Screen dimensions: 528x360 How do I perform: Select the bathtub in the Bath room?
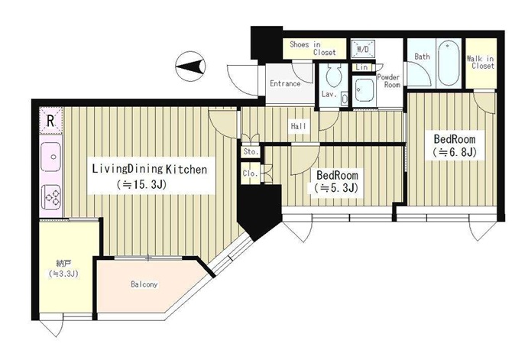449,63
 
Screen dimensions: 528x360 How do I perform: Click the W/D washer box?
363,49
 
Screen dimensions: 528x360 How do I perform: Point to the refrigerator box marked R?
51,120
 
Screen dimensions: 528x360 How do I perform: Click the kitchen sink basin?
51,157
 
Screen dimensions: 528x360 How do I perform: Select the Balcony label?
144,284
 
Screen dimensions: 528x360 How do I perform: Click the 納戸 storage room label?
63,268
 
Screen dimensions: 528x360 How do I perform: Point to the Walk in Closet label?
481,63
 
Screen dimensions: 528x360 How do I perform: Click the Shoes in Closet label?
313,48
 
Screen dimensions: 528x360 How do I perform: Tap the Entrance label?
285,83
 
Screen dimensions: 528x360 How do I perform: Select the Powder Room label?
389,81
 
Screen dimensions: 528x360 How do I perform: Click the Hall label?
299,126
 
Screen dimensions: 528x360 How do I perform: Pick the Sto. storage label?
251,152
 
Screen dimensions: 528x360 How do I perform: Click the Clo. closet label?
250,174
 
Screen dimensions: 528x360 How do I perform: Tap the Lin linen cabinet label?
361,67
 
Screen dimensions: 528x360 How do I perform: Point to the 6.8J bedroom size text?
454,153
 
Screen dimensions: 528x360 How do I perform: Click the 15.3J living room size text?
141,184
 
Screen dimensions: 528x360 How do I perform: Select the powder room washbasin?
364,89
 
